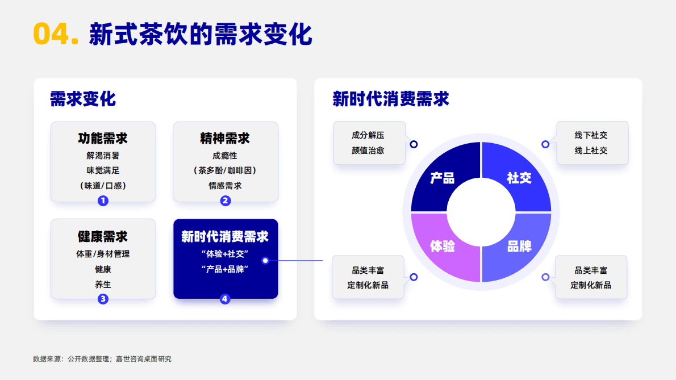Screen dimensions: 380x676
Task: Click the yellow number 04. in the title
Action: point(56,34)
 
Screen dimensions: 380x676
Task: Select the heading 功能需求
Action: point(103,138)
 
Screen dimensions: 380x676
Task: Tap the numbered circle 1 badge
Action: point(103,201)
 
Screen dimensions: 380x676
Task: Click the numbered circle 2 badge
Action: point(226,201)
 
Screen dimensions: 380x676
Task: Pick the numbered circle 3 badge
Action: point(103,298)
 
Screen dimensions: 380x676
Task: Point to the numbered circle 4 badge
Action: point(225,298)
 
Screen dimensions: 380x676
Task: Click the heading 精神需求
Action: point(225,138)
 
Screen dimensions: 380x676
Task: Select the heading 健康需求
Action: point(103,236)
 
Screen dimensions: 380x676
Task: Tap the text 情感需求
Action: point(225,185)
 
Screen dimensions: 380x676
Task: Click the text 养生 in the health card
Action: point(103,285)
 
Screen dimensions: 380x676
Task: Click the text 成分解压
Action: point(368,135)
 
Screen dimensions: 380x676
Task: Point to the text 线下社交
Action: point(591,135)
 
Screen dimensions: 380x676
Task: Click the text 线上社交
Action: point(591,151)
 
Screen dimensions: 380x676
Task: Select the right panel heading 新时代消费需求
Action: point(391,98)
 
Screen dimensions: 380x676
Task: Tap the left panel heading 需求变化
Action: point(83,98)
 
